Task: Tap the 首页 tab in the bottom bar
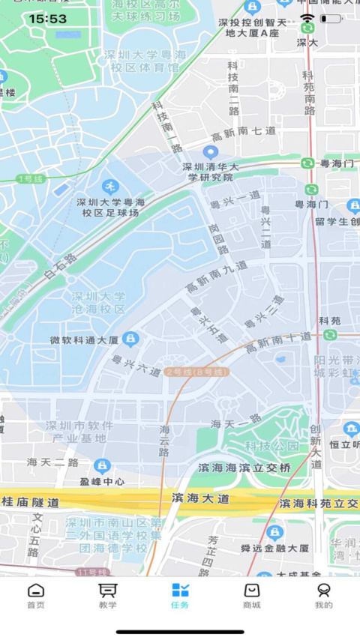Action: (36, 596)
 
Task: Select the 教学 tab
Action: (108, 596)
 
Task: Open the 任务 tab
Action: (180, 596)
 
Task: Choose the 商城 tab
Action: (252, 596)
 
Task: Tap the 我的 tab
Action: (324, 596)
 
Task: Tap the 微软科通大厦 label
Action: (84, 339)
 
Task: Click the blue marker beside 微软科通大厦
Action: (130, 339)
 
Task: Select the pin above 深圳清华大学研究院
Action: (211, 153)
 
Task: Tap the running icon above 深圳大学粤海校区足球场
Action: (110, 186)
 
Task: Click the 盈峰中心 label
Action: (103, 481)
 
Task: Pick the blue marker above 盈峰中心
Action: (103, 465)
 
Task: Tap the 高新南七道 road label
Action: (244, 132)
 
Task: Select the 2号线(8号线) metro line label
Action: (196, 372)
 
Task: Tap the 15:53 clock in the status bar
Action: (48, 19)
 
